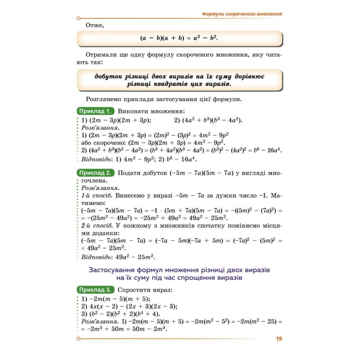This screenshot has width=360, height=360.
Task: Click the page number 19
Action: [279, 339]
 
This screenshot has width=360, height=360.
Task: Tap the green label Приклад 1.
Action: [95, 111]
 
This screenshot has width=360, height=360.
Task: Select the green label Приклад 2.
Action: [95, 173]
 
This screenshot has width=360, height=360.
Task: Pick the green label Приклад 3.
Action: [95, 290]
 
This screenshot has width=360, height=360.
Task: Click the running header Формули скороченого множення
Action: [242, 14]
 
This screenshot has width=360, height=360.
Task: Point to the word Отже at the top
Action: [94, 25]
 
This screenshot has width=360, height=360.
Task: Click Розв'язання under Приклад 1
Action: [97, 127]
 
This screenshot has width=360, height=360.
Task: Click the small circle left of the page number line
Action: [79, 339]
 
